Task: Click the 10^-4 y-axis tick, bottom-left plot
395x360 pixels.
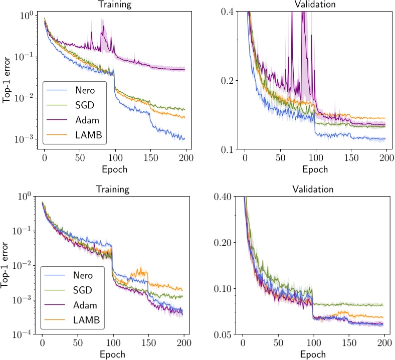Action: coord(23,334)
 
